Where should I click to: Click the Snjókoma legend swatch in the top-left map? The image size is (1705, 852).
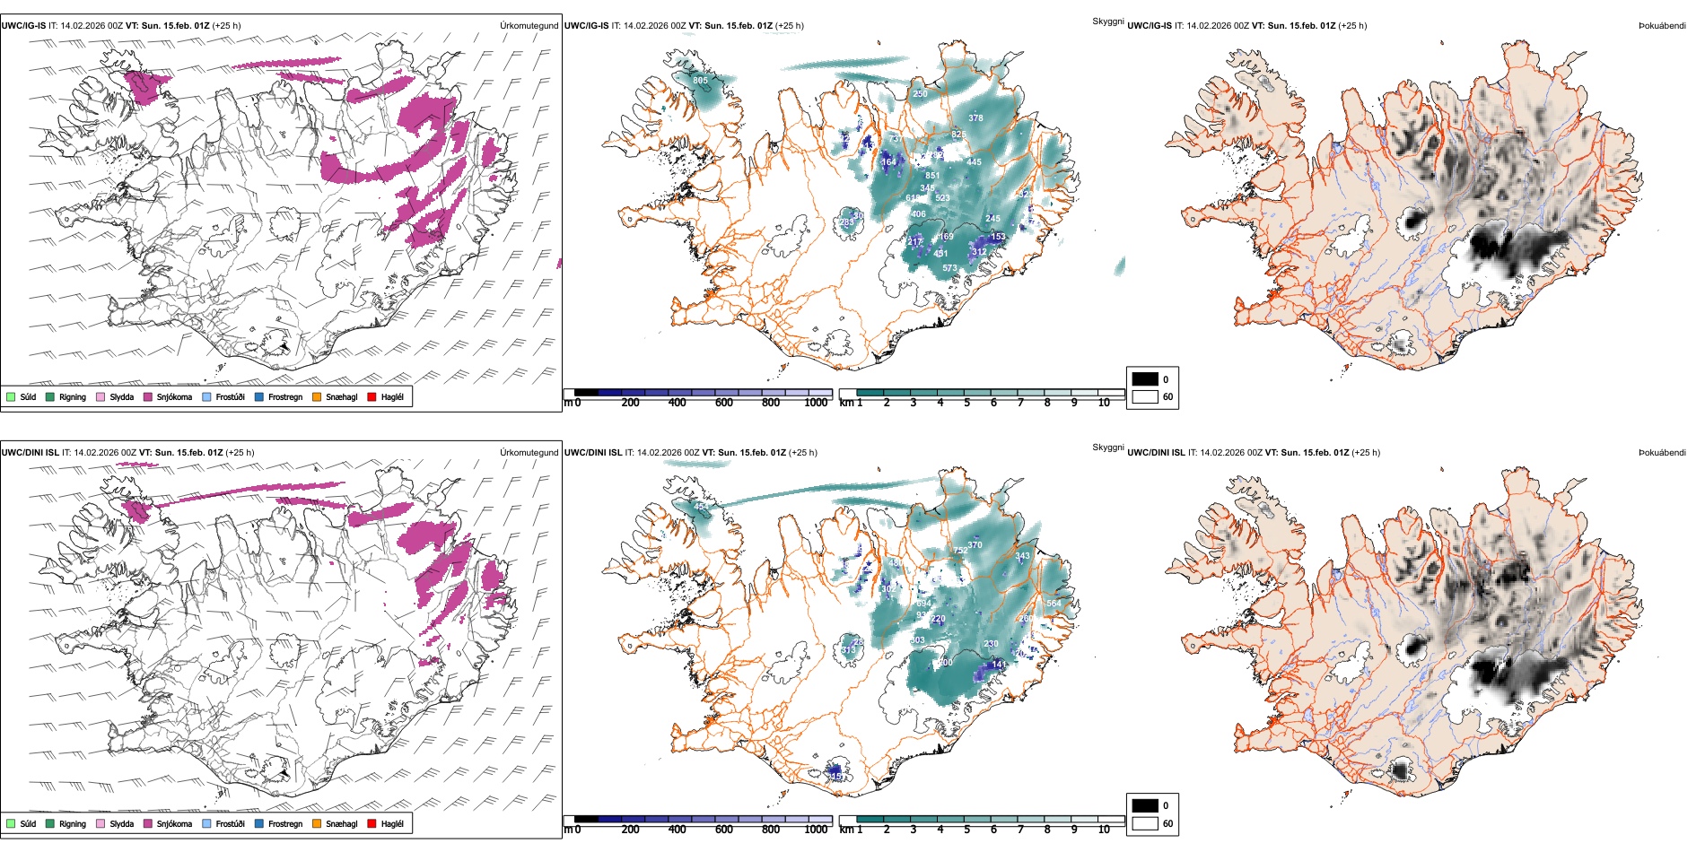(148, 396)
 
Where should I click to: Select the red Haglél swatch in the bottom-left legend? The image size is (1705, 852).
(372, 823)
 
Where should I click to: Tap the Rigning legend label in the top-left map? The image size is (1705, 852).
(73, 397)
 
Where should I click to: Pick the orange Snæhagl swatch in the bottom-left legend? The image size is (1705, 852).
(317, 823)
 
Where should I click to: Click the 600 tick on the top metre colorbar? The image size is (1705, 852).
(724, 403)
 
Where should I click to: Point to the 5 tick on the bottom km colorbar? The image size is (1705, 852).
(967, 830)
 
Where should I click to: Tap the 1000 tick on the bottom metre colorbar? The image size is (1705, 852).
(816, 830)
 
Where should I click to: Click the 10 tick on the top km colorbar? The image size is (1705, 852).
(1104, 403)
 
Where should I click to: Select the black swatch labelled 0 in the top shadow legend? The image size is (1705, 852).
(1145, 379)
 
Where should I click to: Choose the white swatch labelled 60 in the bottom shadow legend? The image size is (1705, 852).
(1145, 823)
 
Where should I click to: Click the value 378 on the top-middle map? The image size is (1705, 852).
(975, 118)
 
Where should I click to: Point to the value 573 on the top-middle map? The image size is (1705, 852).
(949, 268)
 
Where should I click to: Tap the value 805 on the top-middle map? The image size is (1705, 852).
(700, 81)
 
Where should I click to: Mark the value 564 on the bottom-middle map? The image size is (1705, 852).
(1054, 604)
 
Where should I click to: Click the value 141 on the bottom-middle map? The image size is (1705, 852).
(999, 665)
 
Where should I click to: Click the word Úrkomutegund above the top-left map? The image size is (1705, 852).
(529, 26)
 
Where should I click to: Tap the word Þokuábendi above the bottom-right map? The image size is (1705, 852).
(1662, 453)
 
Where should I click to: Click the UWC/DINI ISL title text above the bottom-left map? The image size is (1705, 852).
(30, 453)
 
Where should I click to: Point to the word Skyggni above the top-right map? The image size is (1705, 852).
(1107, 22)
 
